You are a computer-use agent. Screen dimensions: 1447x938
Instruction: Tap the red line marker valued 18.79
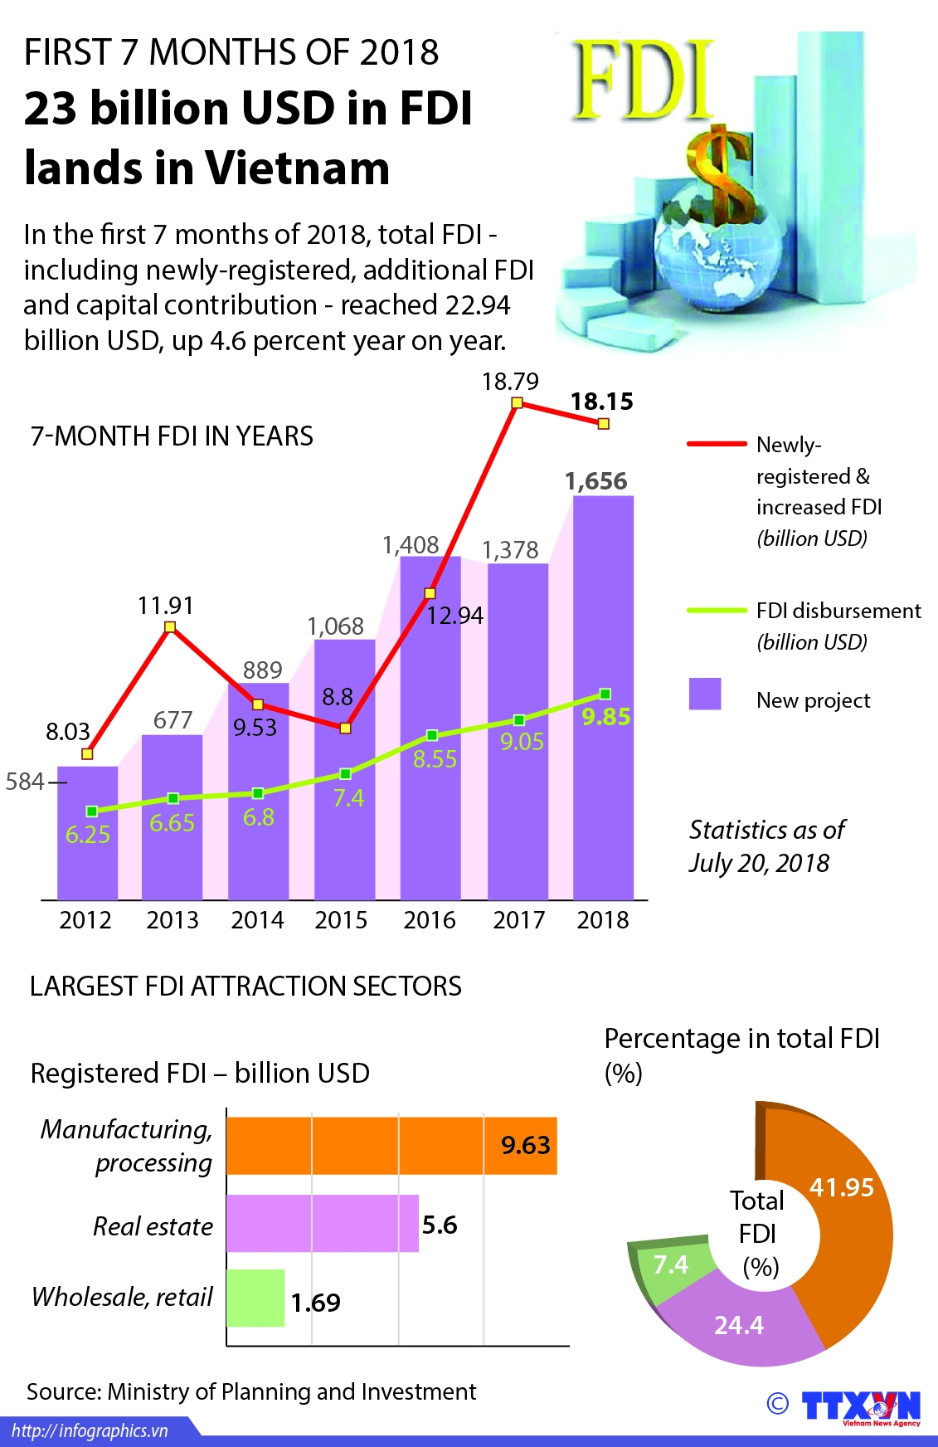point(517,402)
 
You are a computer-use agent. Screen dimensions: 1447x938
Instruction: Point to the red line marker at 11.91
point(170,627)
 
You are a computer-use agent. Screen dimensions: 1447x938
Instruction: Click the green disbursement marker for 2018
point(605,694)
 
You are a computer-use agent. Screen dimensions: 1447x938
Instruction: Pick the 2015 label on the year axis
point(341,920)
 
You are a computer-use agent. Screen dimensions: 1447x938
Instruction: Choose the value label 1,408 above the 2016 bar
point(411,545)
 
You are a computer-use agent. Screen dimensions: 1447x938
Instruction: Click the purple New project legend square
point(705,694)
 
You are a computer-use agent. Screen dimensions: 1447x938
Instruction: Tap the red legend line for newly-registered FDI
point(717,444)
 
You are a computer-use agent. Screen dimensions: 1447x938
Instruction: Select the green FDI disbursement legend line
point(717,611)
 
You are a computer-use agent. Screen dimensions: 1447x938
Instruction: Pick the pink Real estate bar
point(322,1223)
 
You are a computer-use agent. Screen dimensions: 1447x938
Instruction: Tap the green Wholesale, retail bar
point(255,1298)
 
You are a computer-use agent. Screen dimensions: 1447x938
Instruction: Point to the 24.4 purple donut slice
point(738,1324)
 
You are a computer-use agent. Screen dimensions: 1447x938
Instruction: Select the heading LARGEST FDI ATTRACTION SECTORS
point(245,986)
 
